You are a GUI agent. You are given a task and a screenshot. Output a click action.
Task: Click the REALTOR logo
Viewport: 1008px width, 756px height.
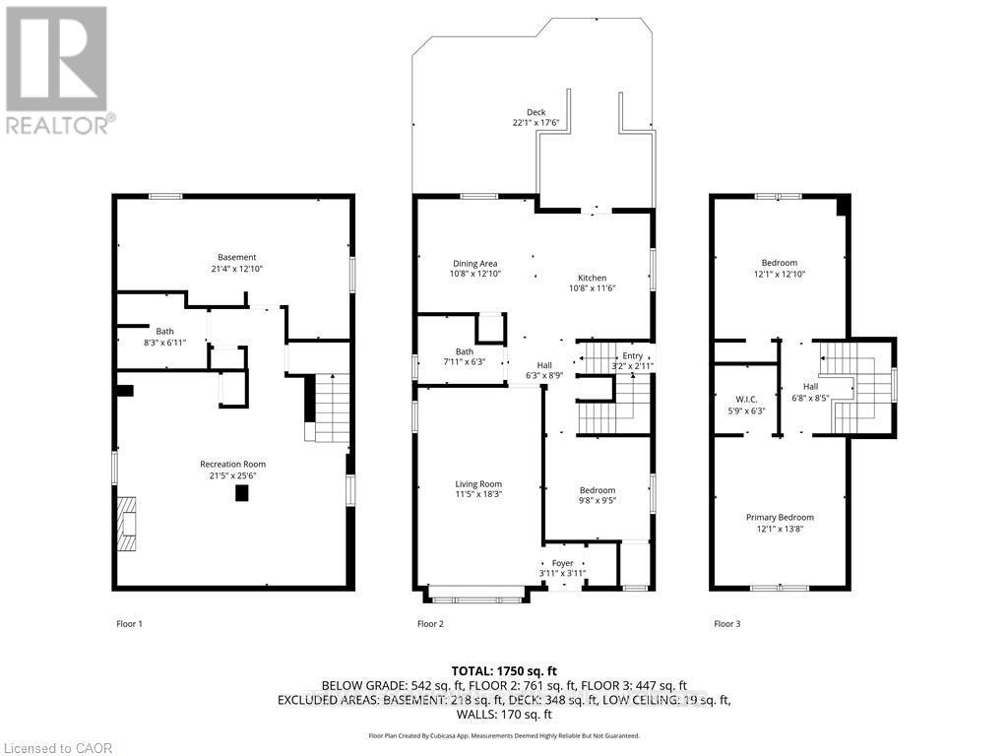point(57,69)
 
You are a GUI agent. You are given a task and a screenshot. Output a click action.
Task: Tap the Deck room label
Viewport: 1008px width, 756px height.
point(535,113)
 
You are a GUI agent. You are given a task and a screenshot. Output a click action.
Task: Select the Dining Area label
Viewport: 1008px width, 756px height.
point(474,264)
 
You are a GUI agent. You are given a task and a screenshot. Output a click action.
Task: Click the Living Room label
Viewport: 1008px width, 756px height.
point(478,483)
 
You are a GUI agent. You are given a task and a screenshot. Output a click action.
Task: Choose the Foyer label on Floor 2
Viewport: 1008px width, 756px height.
point(562,563)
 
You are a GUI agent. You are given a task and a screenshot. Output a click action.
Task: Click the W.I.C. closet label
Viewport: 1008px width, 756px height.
point(744,399)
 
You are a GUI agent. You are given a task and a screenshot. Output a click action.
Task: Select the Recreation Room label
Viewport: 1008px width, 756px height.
point(232,464)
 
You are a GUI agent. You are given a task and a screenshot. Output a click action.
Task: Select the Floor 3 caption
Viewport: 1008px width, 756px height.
point(726,623)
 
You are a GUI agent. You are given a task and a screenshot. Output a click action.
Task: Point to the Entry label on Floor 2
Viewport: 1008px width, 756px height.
point(631,356)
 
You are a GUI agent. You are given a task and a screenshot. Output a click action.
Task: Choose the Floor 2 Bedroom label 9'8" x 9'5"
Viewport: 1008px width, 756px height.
point(597,490)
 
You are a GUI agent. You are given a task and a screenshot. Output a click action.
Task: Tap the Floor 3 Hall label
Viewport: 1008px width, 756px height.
point(810,387)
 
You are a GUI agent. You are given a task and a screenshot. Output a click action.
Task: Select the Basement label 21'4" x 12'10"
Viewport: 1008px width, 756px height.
point(237,258)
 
